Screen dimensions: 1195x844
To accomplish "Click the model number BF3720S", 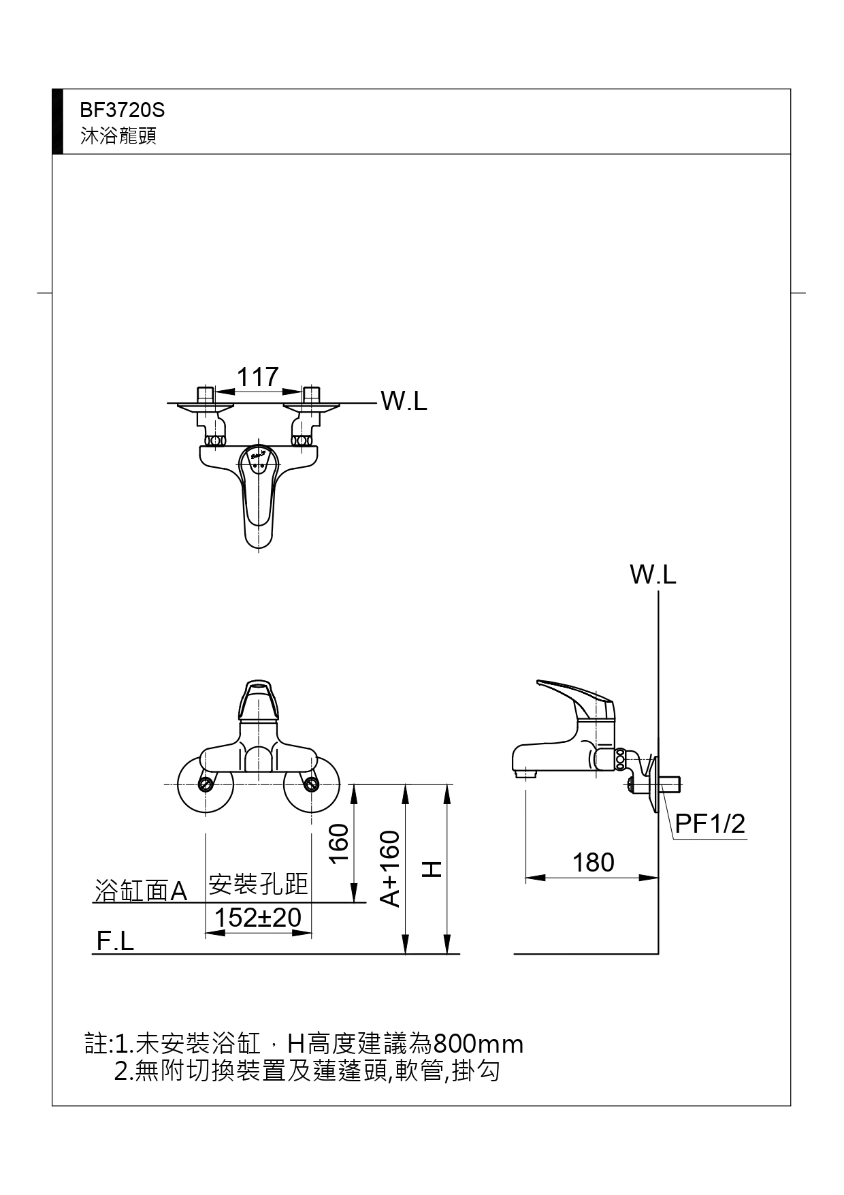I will point(123,110).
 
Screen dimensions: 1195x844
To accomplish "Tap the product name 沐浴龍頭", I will point(118,136).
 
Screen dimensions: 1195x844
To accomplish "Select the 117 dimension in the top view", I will point(257,377).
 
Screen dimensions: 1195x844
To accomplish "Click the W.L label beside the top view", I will point(404,401).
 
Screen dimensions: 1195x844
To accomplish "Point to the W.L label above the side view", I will point(653,575).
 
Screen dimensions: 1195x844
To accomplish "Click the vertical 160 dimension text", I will point(340,842).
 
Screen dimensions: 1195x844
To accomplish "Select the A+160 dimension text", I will point(390,868).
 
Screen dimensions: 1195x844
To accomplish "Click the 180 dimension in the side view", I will point(593,863).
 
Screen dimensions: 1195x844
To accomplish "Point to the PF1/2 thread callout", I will point(710,824).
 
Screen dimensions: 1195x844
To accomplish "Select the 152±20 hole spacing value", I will point(258,918).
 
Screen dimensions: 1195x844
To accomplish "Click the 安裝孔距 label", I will point(258,885).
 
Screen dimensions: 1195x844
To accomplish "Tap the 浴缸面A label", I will point(141,891).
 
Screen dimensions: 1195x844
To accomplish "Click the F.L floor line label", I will point(115,941).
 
